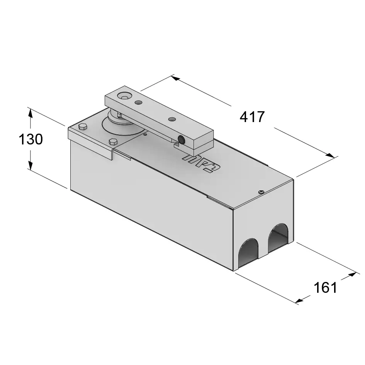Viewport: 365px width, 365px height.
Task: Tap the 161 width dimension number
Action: [325, 287]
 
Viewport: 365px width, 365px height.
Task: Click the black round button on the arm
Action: [181, 140]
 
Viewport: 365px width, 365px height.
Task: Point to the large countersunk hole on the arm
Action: [125, 96]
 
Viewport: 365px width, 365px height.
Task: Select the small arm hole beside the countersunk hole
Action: [138, 102]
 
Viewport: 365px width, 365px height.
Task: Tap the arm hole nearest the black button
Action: [171, 119]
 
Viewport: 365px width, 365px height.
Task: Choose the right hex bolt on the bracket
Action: [113, 141]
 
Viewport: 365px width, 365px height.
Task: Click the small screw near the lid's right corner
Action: [261, 191]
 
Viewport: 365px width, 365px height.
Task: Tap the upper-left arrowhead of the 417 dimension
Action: [175, 78]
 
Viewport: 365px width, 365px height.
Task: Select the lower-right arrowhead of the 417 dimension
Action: [331, 155]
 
